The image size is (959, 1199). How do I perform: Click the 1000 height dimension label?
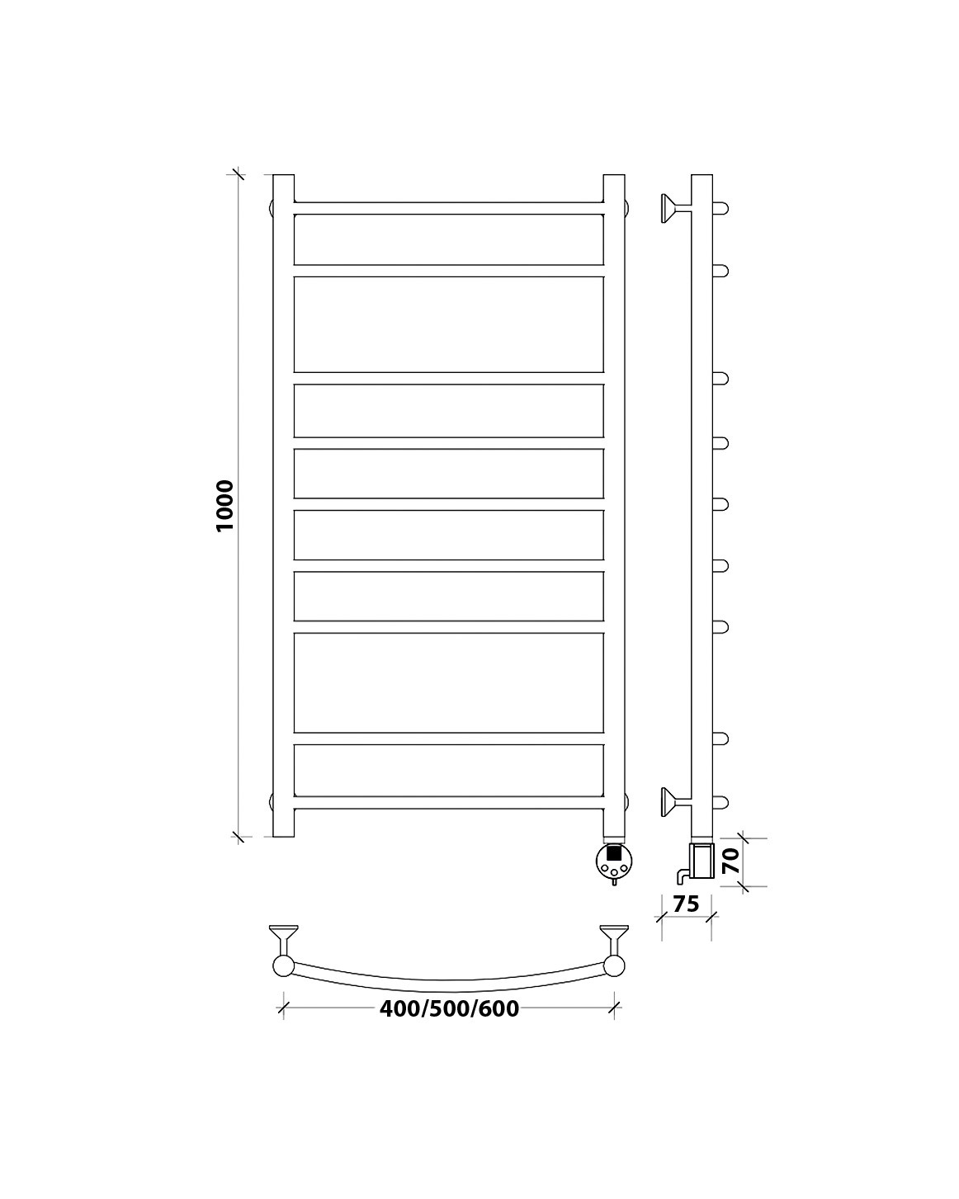click(224, 505)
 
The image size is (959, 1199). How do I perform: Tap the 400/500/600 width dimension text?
click(449, 1008)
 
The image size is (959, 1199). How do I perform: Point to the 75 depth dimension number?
click(685, 904)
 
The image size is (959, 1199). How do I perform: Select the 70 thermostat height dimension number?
click(731, 861)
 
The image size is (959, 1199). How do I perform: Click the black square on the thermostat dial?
click(613, 852)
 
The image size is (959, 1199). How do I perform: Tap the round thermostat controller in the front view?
click(614, 859)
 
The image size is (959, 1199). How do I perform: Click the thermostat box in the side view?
click(702, 861)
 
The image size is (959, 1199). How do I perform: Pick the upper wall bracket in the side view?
click(675, 209)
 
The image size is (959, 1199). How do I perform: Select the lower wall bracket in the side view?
click(675, 802)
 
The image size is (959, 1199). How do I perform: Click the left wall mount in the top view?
click(284, 937)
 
